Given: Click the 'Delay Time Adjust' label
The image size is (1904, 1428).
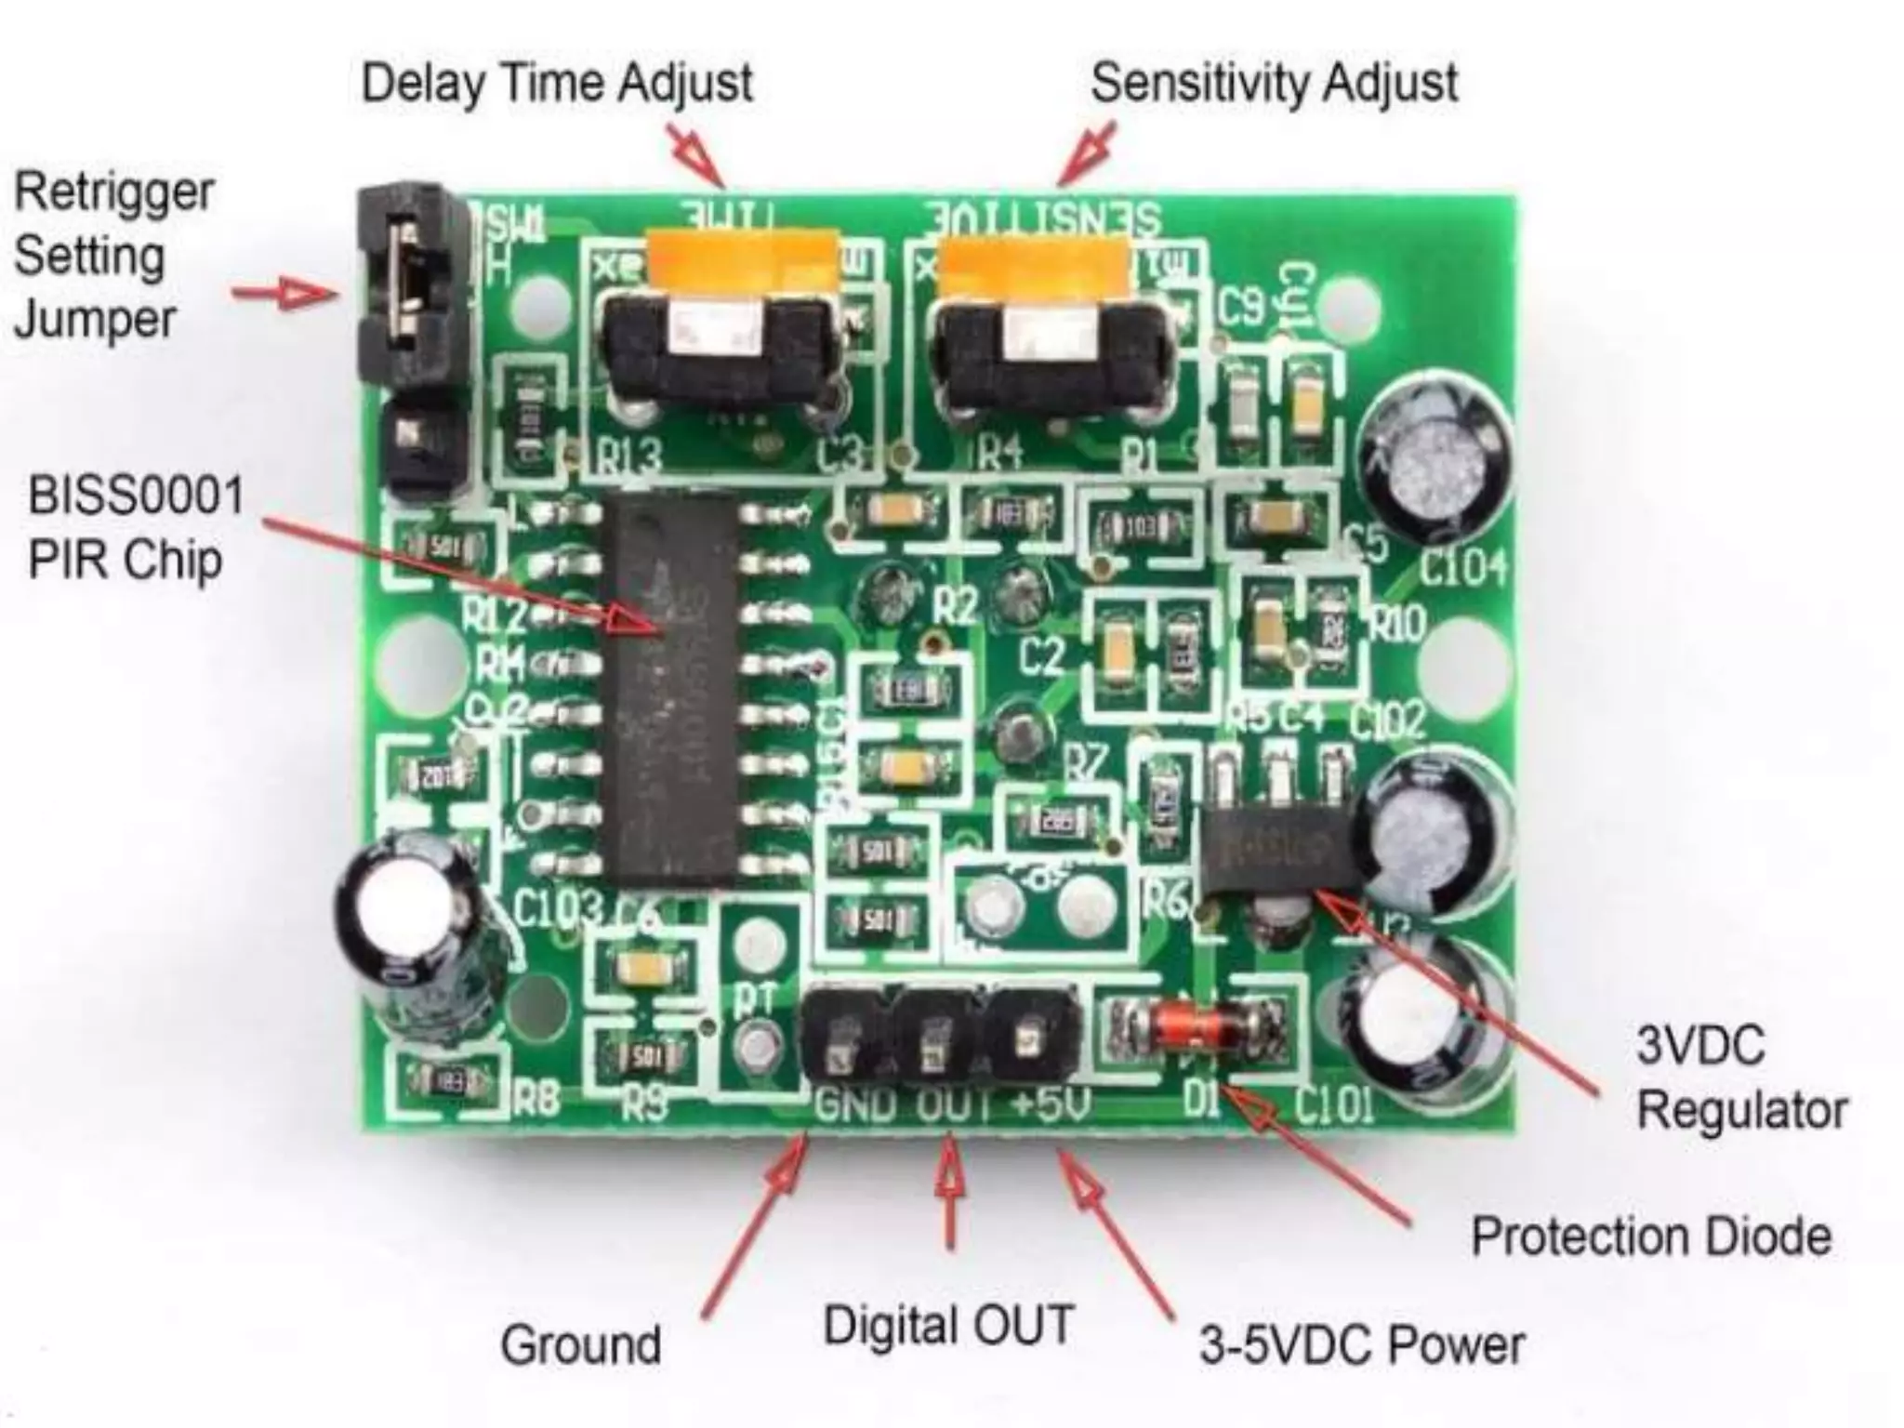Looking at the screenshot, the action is (556, 84).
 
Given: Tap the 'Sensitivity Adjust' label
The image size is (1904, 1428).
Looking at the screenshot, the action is (1273, 84).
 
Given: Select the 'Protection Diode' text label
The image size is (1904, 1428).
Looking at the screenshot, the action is (1650, 1237).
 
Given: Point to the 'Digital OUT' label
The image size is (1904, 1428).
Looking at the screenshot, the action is (948, 1325).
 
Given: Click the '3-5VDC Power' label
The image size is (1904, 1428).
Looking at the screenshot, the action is (1361, 1345).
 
